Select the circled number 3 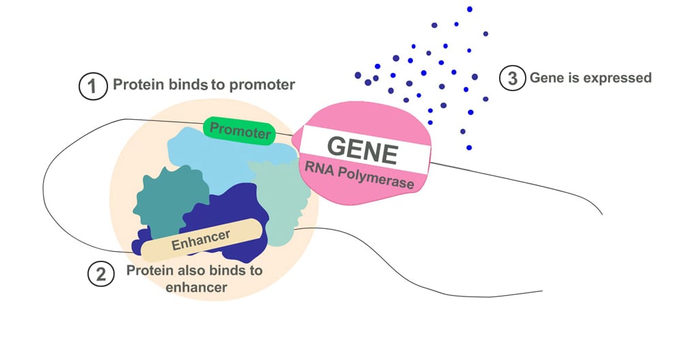click(x=512, y=78)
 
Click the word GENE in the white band click(x=362, y=150)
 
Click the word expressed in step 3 click(x=616, y=78)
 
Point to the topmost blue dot click(x=470, y=9)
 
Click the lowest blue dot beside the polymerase click(x=469, y=148)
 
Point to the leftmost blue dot click(x=358, y=75)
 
